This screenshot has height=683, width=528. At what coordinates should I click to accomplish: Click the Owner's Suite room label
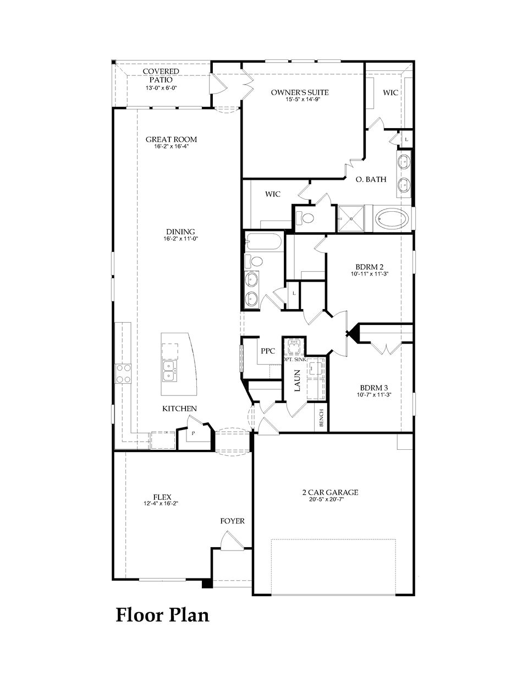point(300,92)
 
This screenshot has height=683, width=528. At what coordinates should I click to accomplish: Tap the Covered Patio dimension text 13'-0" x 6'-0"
point(161,88)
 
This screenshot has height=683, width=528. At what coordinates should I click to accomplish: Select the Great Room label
point(171,140)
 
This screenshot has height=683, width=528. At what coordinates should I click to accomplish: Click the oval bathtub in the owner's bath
point(392,219)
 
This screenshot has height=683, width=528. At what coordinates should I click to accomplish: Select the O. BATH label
point(371,179)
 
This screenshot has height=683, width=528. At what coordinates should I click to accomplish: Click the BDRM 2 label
point(369,266)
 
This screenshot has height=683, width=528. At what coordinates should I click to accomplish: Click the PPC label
point(268,351)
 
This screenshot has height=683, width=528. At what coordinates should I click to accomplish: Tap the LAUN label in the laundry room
point(297,380)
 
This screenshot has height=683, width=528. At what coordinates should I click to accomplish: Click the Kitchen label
point(179,409)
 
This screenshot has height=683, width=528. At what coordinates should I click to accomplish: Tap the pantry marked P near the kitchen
point(193,433)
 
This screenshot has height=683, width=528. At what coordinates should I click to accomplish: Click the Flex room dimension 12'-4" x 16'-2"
point(162,503)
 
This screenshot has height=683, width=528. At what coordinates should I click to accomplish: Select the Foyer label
point(232,521)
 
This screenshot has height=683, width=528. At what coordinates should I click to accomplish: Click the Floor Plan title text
point(162,615)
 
